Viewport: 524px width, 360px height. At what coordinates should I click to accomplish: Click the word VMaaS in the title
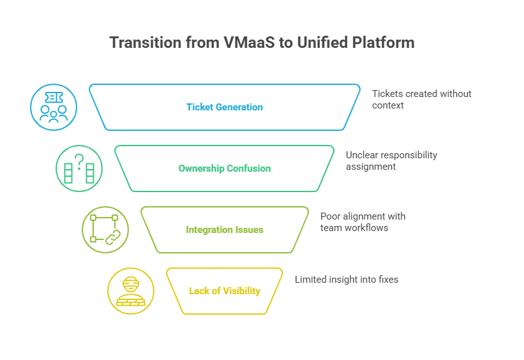tap(249, 43)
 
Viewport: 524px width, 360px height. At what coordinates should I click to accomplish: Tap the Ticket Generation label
tap(225, 107)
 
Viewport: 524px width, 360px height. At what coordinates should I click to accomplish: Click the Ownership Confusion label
tap(225, 168)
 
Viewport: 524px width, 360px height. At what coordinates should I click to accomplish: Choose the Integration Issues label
tap(225, 230)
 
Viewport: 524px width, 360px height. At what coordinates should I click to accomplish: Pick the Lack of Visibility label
tap(225, 291)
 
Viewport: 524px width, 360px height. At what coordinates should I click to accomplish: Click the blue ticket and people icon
tap(54, 107)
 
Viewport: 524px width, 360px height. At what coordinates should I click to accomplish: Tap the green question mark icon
tap(79, 169)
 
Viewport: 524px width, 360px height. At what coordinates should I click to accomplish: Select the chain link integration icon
tap(105, 230)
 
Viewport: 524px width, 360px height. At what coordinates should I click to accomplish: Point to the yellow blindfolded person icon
tap(131, 291)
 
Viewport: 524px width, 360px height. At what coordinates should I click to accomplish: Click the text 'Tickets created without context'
tap(422, 100)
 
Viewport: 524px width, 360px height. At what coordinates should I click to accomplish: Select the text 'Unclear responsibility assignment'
tap(391, 161)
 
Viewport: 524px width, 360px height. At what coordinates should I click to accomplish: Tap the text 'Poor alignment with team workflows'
tap(363, 222)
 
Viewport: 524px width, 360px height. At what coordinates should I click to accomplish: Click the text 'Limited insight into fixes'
tap(347, 280)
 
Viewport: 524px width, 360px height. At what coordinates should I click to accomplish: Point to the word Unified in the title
tap(322, 43)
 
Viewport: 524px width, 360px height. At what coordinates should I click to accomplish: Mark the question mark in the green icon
tap(79, 161)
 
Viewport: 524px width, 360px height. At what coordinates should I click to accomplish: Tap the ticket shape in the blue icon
tap(54, 98)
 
